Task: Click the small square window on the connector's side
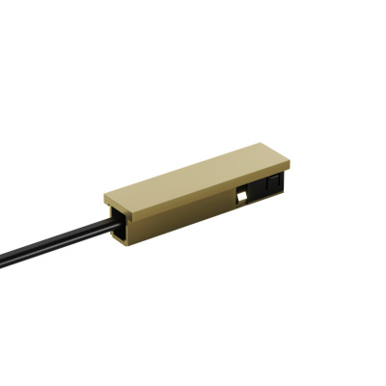pos(238,198)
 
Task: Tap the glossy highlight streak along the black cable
pos(58,240)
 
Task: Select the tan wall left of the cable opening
pos(107,218)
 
